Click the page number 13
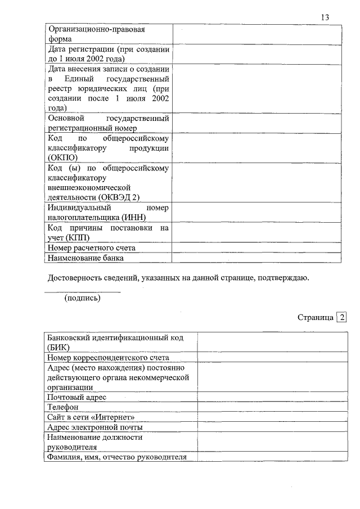(325, 17)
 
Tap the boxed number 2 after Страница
(341, 317)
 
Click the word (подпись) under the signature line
(83, 298)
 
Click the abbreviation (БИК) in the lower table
(58, 347)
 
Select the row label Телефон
(63, 407)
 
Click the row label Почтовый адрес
(77, 397)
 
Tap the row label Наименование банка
(85, 258)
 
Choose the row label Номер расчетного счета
(92, 247)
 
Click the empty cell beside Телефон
(269, 407)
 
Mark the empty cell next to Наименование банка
(256, 258)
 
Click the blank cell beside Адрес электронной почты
(269, 427)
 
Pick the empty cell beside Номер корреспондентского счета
(269, 357)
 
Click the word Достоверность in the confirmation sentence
(75, 278)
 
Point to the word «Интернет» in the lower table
(117, 417)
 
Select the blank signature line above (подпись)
(82, 292)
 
